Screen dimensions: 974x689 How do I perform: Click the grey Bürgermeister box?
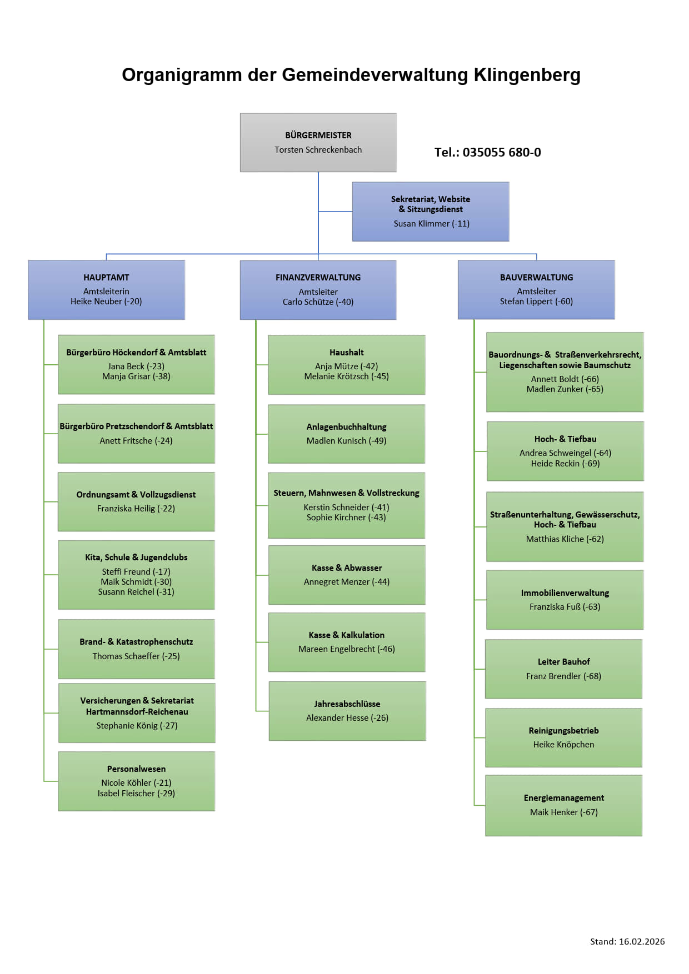pos(318,143)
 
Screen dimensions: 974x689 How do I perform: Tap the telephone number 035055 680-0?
pos(501,152)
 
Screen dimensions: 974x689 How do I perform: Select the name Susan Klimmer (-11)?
pos(431,223)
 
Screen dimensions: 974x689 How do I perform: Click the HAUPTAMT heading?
pos(106,277)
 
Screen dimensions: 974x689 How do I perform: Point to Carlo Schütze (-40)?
pos(318,302)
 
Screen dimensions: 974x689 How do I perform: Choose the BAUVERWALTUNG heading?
pos(536,277)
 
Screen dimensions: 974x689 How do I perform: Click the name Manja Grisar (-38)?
pos(136,376)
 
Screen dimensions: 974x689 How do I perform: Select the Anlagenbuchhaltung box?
pos(346,434)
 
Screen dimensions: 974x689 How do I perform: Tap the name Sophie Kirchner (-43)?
pos(346,517)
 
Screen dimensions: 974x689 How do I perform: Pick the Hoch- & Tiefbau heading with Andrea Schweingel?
pos(565,439)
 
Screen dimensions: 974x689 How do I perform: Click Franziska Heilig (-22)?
pos(136,508)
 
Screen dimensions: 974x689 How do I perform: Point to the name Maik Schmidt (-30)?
pos(136,581)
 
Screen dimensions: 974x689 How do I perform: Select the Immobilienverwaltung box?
pos(565,599)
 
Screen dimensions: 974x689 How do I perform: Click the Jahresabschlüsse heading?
pos(347,704)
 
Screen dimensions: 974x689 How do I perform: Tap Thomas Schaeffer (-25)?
pos(136,656)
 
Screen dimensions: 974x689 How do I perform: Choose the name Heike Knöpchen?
pos(563,744)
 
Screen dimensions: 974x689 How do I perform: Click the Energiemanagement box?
pos(563,805)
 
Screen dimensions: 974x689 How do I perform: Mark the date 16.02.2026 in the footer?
pos(642,941)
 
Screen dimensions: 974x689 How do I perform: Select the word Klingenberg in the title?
pos(527,75)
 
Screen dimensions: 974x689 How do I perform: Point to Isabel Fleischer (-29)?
pos(136,793)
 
